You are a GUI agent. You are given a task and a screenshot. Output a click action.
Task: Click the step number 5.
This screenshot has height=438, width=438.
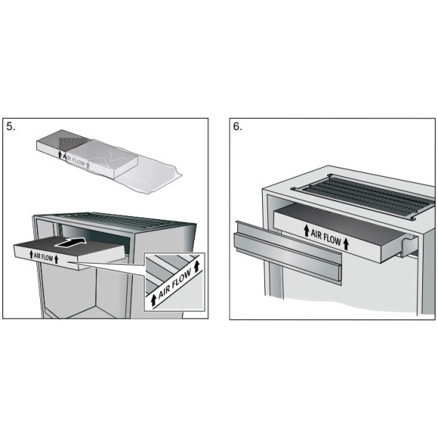click(11, 126)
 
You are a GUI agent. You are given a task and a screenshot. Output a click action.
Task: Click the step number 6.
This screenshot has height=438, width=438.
click(237, 126)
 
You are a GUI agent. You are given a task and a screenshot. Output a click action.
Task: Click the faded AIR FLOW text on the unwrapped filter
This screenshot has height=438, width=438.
click(77, 159)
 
